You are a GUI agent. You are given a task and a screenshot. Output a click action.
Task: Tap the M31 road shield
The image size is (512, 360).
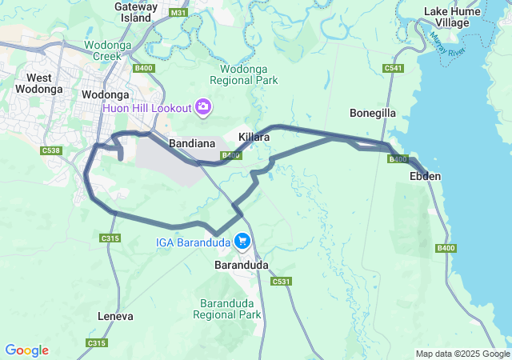[x=178, y=13]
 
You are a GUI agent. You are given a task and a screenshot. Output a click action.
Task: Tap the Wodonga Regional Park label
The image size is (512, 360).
[x=243, y=74]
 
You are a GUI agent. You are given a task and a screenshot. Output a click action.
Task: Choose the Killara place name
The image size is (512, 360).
[x=254, y=137]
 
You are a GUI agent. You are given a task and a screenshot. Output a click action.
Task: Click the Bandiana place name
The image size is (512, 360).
[x=190, y=142]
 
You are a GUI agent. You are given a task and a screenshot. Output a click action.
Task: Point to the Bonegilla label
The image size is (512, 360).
[x=373, y=113]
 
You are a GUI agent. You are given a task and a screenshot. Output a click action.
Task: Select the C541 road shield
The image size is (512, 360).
[x=393, y=68]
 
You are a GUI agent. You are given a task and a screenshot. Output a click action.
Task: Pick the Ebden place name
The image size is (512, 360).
[x=425, y=175]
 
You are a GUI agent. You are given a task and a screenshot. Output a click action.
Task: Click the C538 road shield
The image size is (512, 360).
[x=51, y=150]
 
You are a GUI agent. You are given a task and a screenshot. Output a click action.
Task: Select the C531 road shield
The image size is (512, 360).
[x=280, y=282]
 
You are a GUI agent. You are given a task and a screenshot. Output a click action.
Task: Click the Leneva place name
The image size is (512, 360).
[x=114, y=316]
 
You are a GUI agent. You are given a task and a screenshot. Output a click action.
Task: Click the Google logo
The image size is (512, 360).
[x=26, y=350]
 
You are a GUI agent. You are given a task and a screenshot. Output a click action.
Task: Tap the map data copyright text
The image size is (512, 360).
[x=462, y=354]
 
